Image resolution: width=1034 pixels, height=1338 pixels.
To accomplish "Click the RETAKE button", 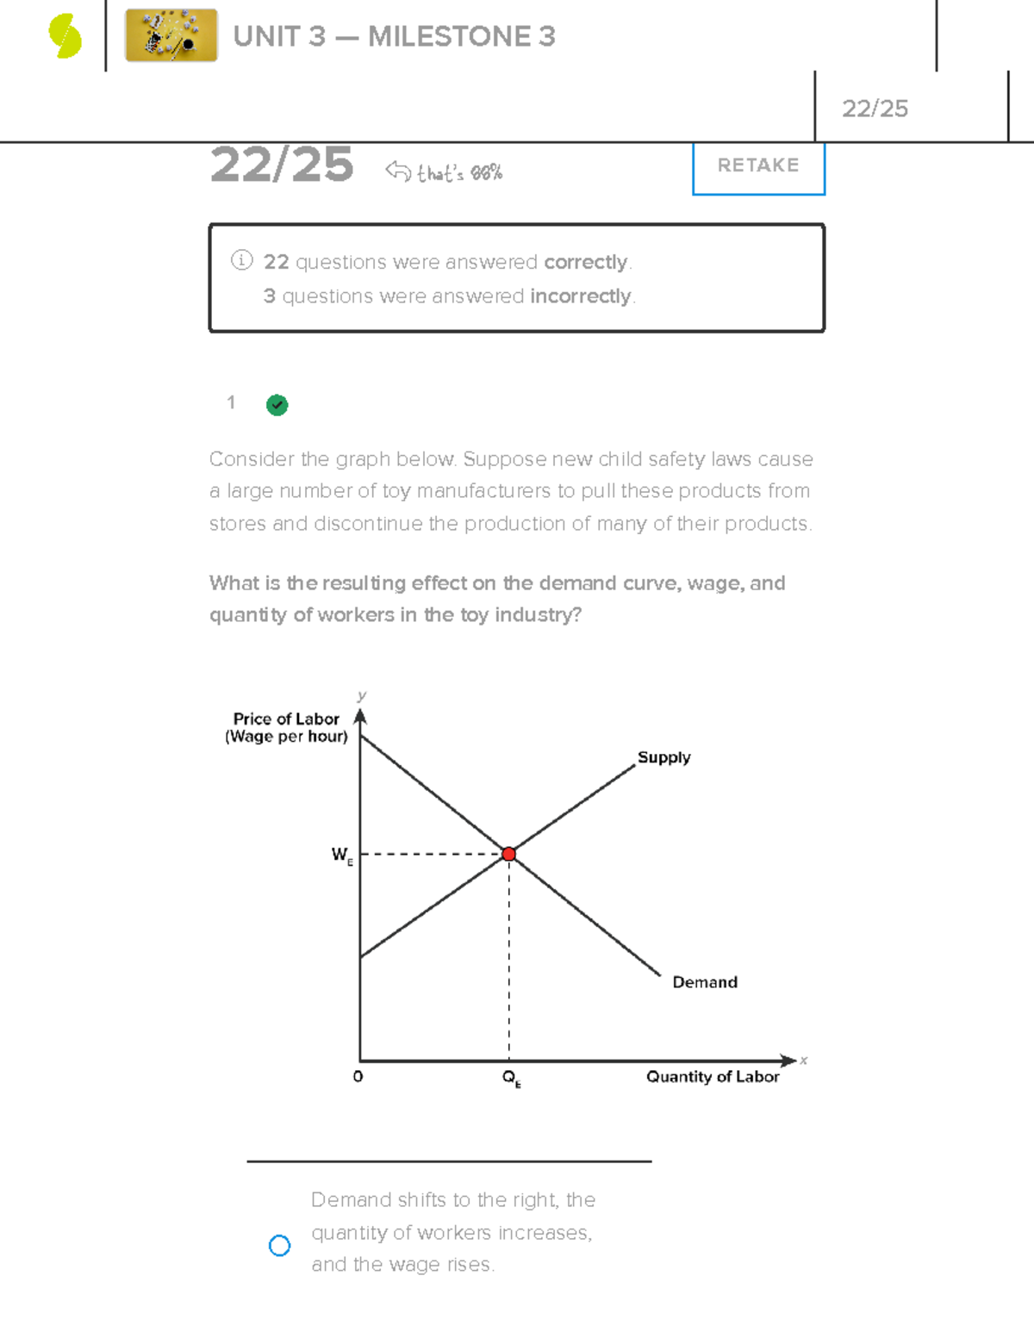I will (758, 165).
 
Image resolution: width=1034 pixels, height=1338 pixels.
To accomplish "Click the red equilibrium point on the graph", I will (508, 854).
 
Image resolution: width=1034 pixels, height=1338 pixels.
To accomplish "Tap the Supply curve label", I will (663, 757).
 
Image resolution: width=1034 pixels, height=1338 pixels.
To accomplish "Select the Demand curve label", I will (704, 982).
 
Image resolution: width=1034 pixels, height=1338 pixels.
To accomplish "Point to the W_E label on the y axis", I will (342, 855).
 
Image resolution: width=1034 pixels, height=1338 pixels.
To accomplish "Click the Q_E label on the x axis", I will (511, 1078).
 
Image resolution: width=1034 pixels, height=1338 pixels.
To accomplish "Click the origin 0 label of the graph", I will (358, 1076).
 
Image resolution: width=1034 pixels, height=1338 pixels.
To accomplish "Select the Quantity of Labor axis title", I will (713, 1076).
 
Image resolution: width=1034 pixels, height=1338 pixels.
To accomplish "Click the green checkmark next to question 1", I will (277, 405).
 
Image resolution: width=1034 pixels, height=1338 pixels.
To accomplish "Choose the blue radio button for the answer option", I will (279, 1245).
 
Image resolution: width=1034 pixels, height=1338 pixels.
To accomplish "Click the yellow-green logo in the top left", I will (65, 37).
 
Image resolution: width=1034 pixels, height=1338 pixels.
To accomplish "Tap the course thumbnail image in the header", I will (171, 36).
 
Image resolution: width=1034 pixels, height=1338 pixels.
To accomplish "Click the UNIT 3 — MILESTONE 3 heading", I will (394, 36).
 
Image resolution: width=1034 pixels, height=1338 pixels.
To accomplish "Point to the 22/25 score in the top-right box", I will (875, 109).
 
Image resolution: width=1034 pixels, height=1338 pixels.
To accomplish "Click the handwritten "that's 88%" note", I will (458, 173).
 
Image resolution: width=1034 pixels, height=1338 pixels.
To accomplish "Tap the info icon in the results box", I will (241, 260).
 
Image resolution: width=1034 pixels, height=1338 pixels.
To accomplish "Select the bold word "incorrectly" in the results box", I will (581, 296).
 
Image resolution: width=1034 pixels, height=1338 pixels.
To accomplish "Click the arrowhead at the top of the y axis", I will (360, 716).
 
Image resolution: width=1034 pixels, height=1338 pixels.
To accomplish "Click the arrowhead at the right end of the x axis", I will (788, 1061).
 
